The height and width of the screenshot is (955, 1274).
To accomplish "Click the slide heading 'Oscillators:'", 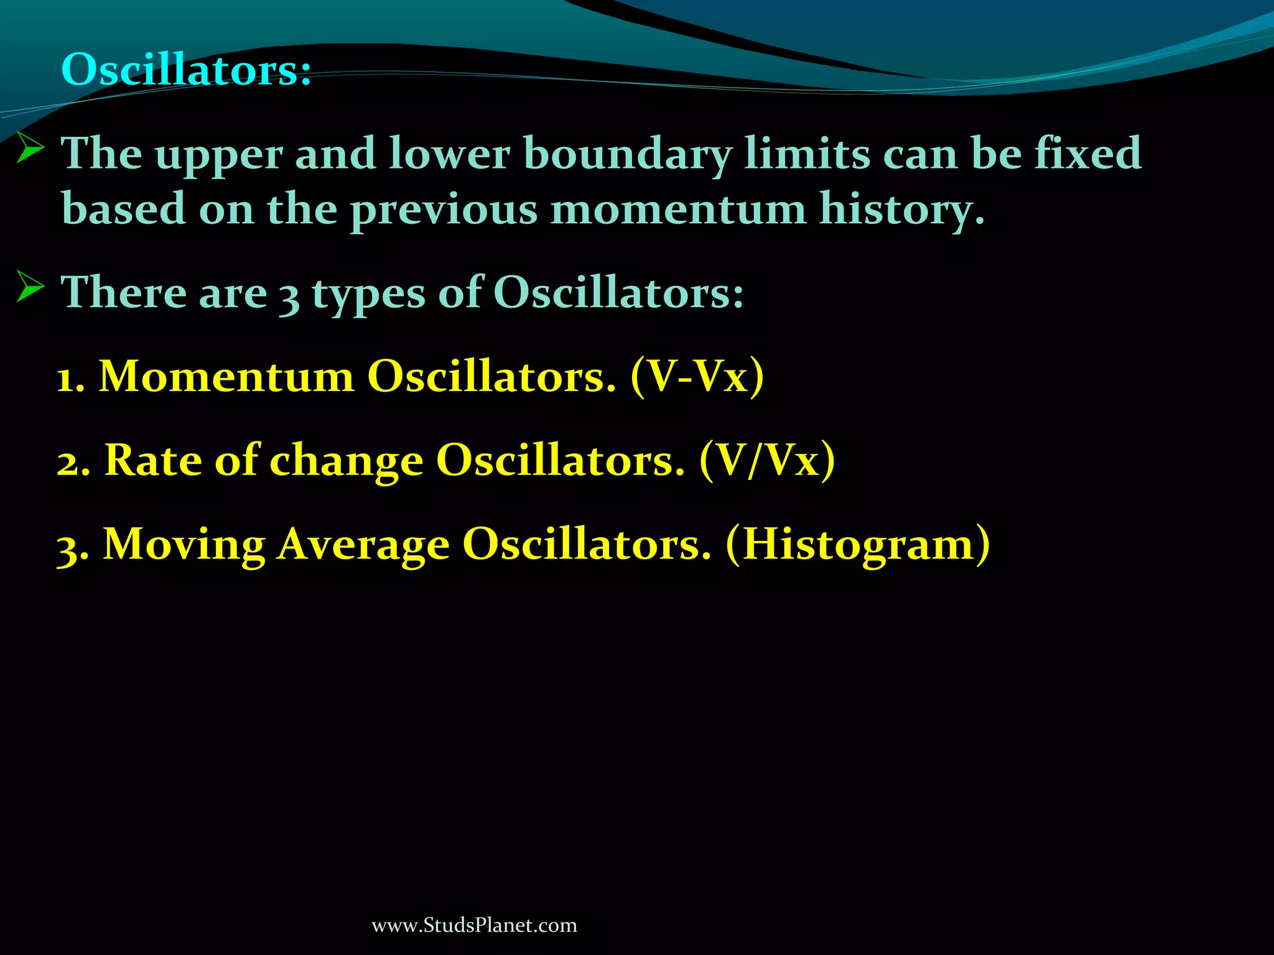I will click(186, 69).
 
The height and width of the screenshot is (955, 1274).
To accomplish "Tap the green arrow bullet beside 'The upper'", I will click(30, 149).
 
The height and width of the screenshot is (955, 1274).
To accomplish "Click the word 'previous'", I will click(444, 210).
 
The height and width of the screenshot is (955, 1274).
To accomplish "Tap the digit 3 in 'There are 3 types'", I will click(289, 295).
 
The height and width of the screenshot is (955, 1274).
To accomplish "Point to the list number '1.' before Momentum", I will click(70, 378).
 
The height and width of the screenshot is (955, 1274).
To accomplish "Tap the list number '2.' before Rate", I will click(73, 462).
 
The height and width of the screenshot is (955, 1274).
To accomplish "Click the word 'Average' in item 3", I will click(363, 545).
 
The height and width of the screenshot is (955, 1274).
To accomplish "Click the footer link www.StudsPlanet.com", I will click(474, 925).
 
